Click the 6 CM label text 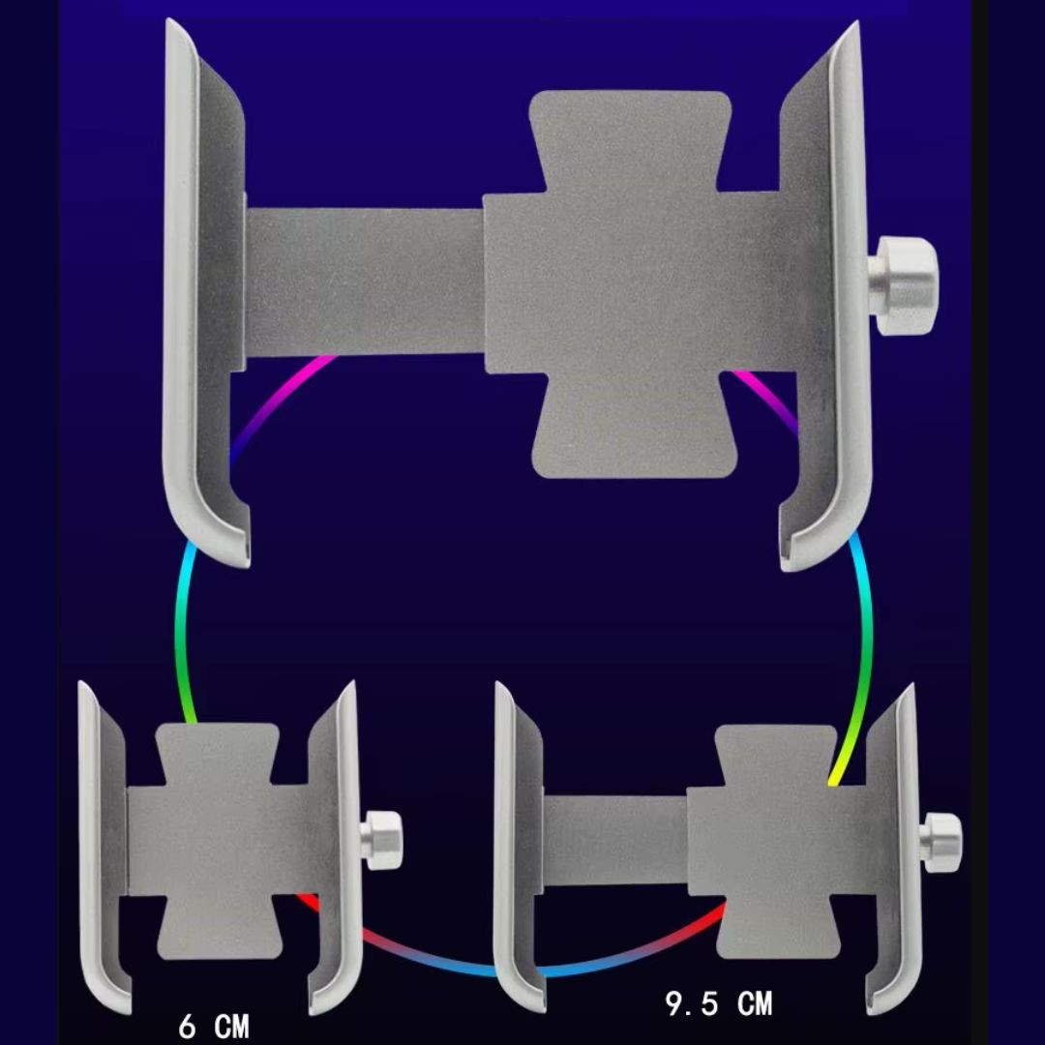click(213, 1026)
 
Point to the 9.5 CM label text click(719, 1003)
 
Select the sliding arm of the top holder click(363, 282)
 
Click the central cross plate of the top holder click(633, 284)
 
